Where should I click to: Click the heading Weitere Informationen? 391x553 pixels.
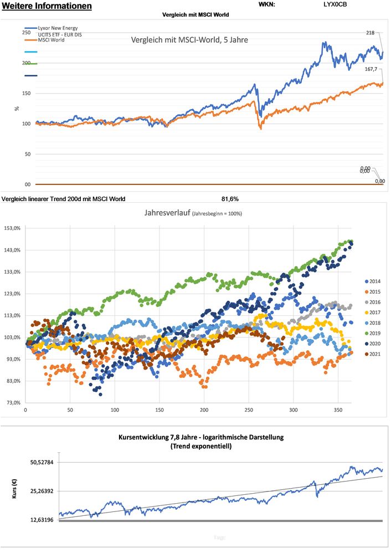point(47,6)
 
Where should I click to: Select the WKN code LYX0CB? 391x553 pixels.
point(336,4)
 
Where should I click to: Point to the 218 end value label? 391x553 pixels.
point(371,33)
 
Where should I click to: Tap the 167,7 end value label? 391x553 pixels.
point(371,69)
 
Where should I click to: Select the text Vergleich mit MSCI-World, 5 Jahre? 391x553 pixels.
point(189,40)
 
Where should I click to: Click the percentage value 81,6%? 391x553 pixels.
point(230,198)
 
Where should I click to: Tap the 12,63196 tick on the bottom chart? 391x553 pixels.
point(40,520)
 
